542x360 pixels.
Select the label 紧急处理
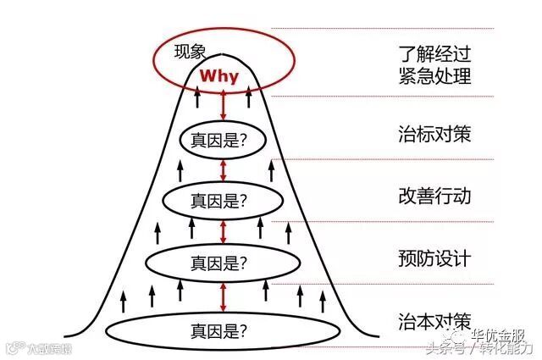coord(434,77)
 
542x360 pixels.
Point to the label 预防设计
coord(434,258)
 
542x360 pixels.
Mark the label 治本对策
coord(434,321)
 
